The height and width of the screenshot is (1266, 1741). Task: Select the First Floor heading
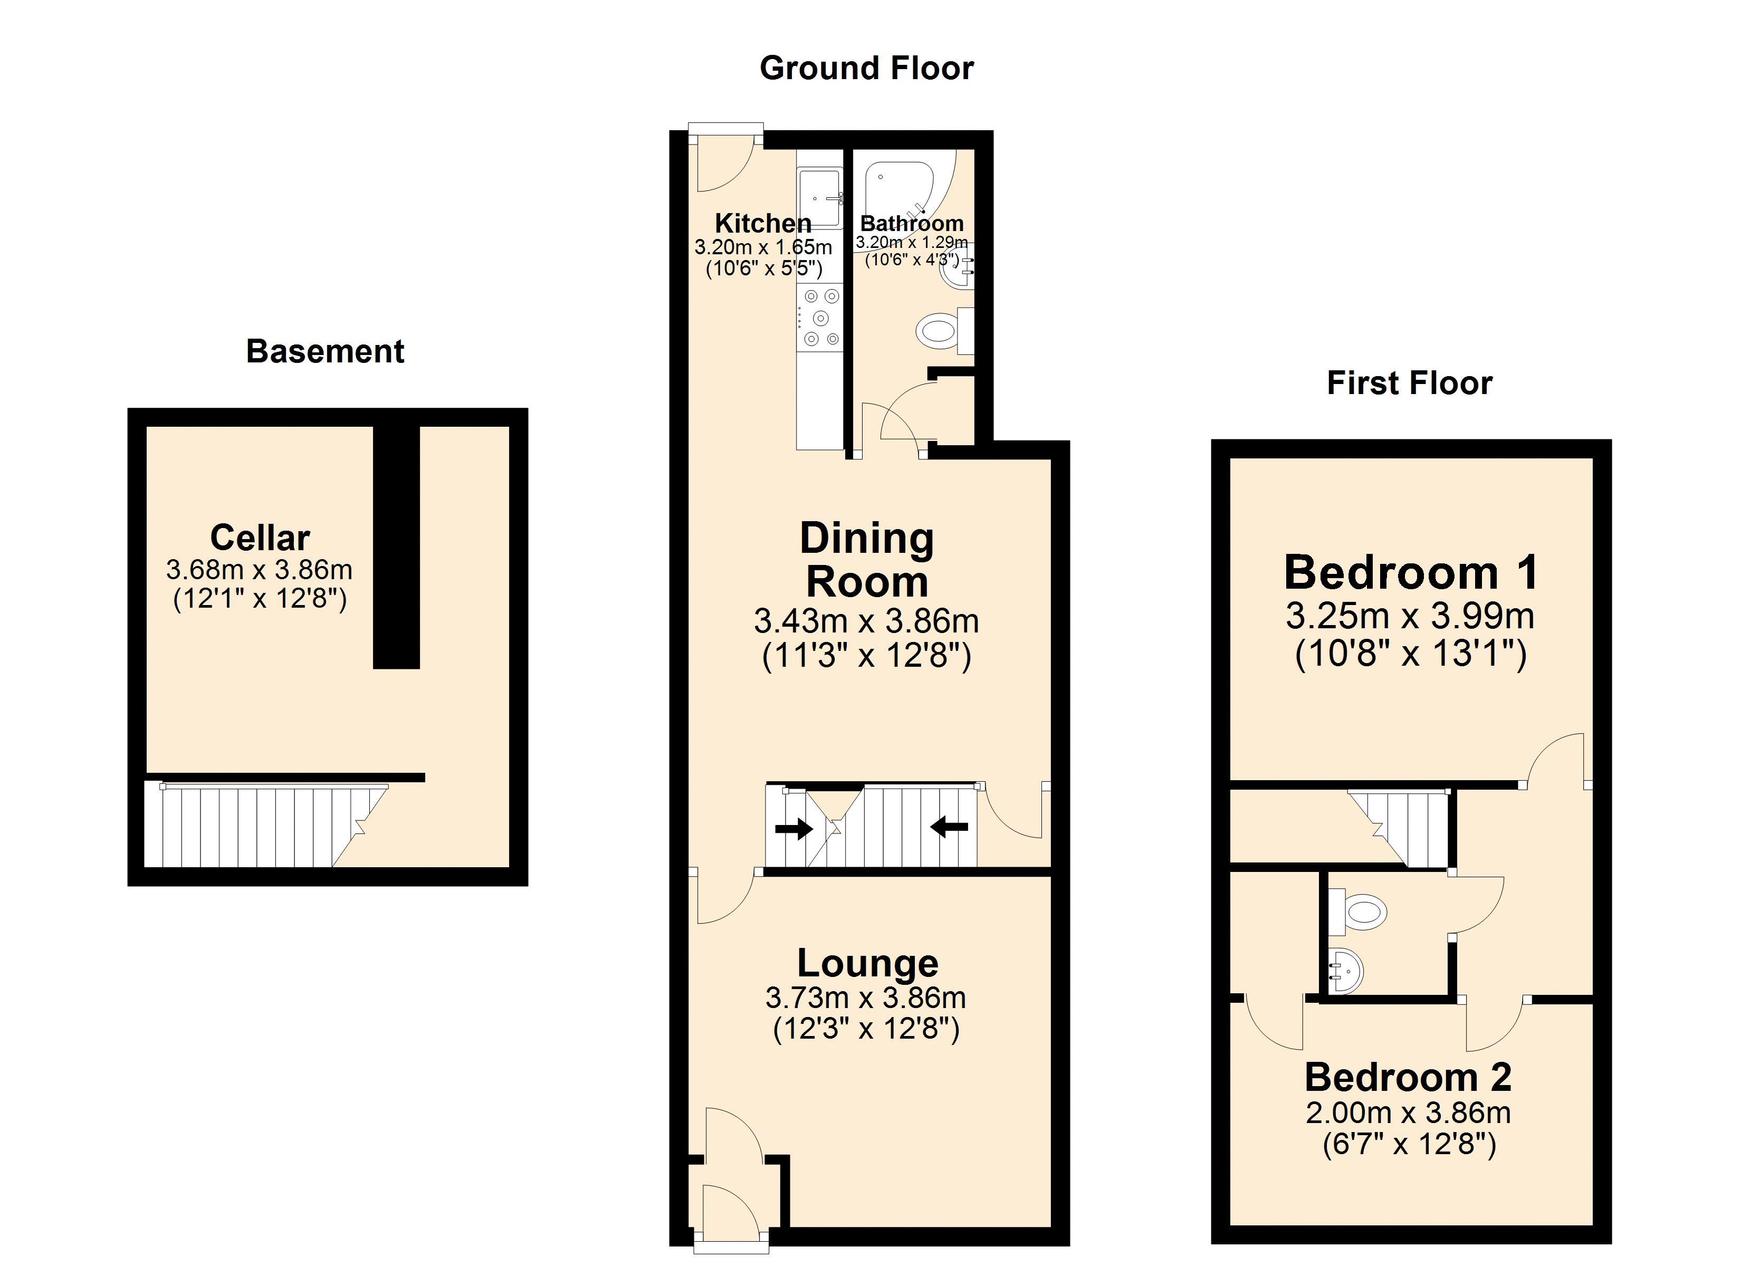pos(1409,382)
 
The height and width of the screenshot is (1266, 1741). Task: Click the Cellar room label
pos(260,538)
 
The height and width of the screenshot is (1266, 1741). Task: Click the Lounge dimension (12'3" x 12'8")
pos(866,1028)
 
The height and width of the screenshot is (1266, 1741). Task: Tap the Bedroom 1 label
pos(1411,573)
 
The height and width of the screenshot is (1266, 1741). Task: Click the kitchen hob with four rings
pos(820,317)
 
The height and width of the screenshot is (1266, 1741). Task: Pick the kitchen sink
pos(819,198)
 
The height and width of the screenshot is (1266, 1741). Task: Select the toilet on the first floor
pos(1363,912)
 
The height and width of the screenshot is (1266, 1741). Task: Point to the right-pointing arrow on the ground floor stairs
pos(795,828)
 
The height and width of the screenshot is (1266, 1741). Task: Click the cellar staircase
pos(261,826)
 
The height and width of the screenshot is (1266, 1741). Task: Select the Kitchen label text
pos(762,224)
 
